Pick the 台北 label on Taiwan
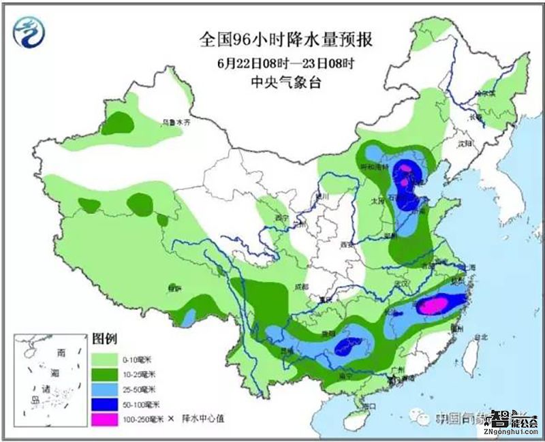pyautogui.click(x=480, y=336)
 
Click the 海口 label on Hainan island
pyautogui.click(x=370, y=406)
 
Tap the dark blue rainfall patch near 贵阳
pyautogui.click(x=348, y=345)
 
